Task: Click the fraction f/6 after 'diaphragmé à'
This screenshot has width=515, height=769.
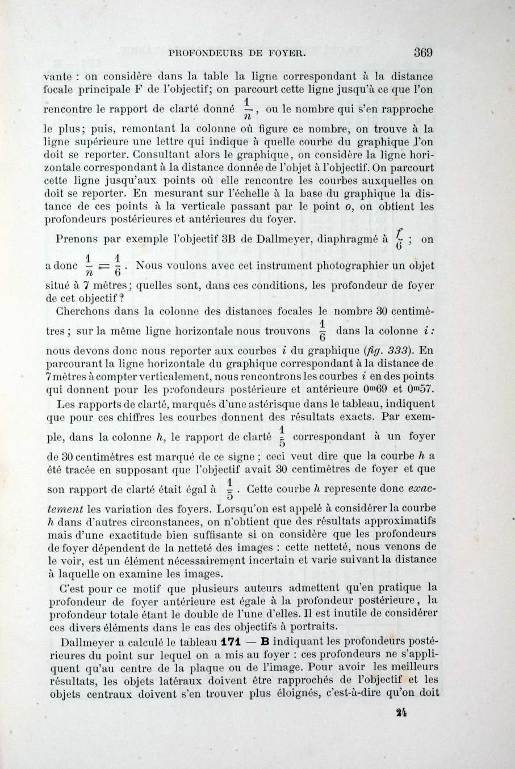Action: [400, 239]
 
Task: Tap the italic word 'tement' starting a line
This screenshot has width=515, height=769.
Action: [64, 509]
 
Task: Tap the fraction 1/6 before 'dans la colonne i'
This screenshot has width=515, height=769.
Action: [321, 330]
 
